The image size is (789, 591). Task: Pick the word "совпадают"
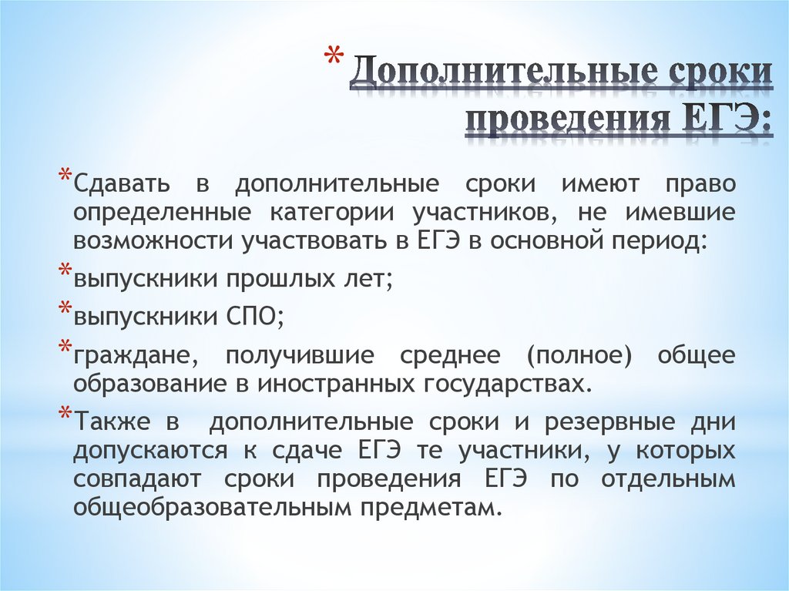[x=138, y=478]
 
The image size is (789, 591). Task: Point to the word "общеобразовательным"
[x=203, y=505]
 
